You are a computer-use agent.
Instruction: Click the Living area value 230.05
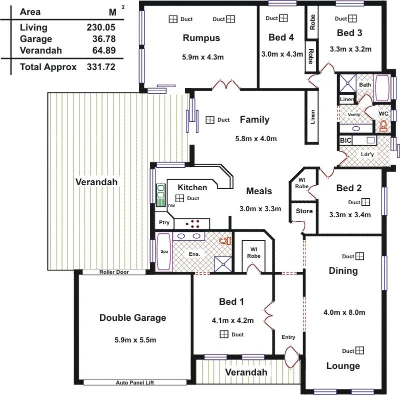point(100,28)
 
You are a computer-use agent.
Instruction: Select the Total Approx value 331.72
point(100,67)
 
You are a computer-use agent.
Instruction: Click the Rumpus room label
point(201,38)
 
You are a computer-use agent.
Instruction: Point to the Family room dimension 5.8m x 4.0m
point(255,139)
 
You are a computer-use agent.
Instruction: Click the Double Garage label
point(132,317)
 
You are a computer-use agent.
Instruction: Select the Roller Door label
point(114,272)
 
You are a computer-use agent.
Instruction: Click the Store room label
point(304,211)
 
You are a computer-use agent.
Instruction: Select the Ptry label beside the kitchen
point(164,223)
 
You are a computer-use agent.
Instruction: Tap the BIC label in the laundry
point(345,141)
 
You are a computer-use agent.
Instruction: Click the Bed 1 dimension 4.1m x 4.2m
point(232,320)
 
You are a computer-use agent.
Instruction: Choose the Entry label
point(288,337)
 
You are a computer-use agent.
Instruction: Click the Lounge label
point(343,366)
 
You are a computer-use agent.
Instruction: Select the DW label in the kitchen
point(171,206)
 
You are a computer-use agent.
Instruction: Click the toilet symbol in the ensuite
point(224,241)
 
